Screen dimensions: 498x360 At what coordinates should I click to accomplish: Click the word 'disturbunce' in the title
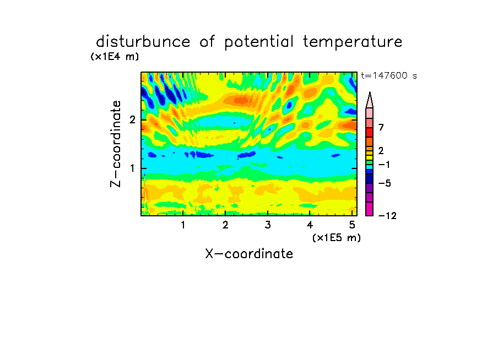pos(143,42)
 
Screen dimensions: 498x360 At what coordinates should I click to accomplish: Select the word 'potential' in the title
pos(259,42)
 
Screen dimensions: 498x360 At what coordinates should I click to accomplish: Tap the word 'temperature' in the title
pos(353,42)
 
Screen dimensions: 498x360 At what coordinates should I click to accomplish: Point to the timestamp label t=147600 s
pos(389,75)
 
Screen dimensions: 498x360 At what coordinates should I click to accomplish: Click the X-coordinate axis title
pos(249,254)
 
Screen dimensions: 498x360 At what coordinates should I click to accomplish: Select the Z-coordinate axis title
pos(116,144)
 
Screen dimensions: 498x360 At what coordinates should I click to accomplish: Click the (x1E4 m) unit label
pos(115,57)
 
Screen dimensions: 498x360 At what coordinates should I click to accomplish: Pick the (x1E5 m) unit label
pos(337,237)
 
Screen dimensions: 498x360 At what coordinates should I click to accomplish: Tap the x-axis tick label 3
pos(268,225)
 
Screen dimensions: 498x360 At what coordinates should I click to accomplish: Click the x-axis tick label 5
pos(352,225)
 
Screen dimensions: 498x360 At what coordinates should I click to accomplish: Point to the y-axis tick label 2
pos(132,120)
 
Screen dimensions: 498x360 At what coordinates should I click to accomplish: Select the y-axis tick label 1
pos(132,168)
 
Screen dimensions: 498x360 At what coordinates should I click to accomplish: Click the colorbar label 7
pos(381,128)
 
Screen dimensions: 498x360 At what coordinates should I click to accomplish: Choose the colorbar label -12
pos(387,216)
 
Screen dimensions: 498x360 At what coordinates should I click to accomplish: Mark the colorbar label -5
pos(385,183)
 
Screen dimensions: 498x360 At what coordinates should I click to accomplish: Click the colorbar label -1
pos(384,165)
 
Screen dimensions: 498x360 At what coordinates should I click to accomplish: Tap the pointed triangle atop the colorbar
pos(370,100)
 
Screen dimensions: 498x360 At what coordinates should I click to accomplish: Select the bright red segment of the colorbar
pos(370,132)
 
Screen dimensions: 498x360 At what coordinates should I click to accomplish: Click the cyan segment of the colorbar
pos(370,167)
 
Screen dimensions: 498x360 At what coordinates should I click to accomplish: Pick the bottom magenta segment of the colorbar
pos(370,209)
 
